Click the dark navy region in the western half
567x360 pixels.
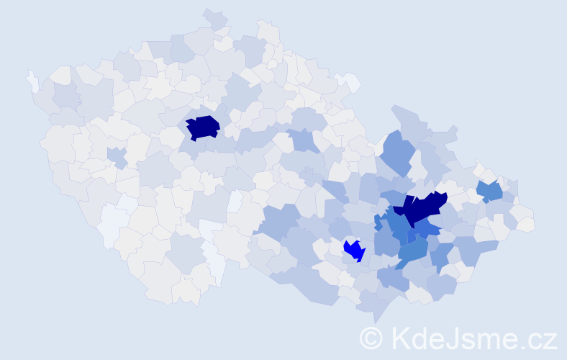click(203, 127)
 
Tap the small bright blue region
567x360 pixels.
click(354, 251)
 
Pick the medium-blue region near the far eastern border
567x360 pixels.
click(489, 191)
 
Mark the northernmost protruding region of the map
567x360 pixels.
click(214, 18)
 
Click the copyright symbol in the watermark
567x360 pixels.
click(371, 338)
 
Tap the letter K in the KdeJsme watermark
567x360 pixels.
click(400, 338)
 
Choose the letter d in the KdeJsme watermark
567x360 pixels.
click(419, 338)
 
